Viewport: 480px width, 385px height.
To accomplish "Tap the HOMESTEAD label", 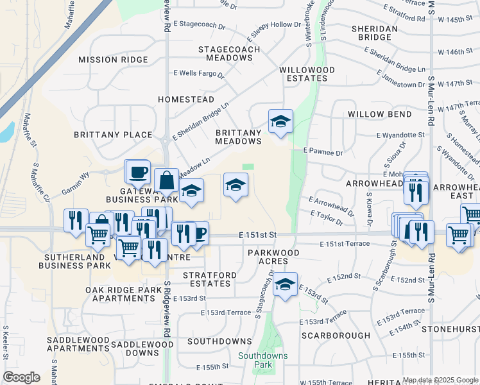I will [186, 100].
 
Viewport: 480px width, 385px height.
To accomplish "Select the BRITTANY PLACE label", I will [113, 135].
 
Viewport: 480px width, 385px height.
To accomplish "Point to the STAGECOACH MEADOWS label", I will [229, 53].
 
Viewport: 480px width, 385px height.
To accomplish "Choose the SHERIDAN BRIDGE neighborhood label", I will [375, 33].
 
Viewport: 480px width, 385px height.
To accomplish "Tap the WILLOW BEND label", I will [379, 114].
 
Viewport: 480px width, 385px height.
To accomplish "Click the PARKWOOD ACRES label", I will [274, 257].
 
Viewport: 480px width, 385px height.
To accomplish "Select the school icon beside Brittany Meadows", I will [280, 121].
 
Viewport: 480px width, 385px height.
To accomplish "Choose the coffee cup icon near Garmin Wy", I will [137, 171].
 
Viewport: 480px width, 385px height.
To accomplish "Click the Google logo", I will [21, 377].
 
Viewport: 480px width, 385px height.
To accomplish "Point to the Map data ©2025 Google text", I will [440, 380].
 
